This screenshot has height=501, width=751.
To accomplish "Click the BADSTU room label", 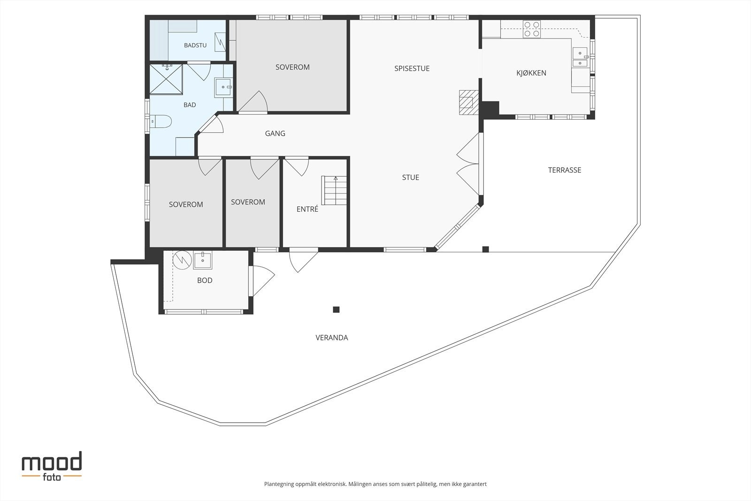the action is [x=195, y=45].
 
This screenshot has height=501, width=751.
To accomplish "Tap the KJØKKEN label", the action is [x=531, y=73].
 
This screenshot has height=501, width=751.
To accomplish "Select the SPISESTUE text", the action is [x=412, y=69].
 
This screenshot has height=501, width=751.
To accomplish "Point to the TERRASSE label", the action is [x=565, y=170].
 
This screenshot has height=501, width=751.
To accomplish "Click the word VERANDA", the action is [x=331, y=338].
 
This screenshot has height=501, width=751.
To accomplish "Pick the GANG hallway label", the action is [x=275, y=133].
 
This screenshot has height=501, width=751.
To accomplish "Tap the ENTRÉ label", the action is [x=307, y=209].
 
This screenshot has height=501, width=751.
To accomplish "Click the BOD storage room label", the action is [x=205, y=280].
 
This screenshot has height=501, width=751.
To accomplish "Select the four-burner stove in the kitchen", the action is [x=532, y=29].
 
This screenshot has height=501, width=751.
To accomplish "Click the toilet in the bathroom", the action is [x=161, y=121].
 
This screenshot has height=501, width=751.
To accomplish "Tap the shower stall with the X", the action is [x=166, y=79].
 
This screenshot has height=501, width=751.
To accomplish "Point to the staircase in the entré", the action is [x=334, y=190].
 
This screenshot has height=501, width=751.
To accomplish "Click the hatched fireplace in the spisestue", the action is [x=469, y=102].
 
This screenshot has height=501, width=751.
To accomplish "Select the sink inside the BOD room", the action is [x=202, y=260].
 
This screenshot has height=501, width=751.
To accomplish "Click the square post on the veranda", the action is [x=336, y=309].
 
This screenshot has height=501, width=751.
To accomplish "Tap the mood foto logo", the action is [x=52, y=467].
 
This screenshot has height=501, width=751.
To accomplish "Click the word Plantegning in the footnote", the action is [x=279, y=484].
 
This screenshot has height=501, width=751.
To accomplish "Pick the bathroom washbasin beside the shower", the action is [x=223, y=87].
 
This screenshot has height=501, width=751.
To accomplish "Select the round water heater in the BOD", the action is [x=182, y=260].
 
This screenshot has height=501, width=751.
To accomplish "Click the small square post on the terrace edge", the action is [x=485, y=249].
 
